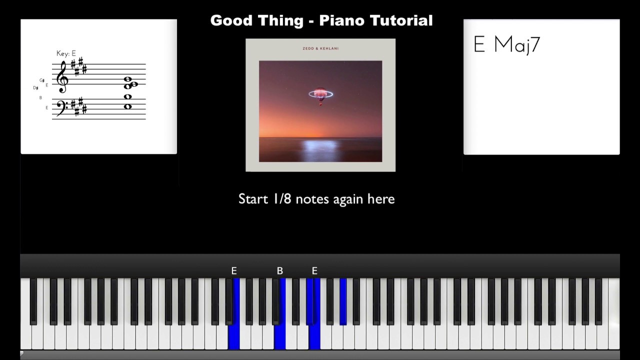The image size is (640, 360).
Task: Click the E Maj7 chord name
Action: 506,45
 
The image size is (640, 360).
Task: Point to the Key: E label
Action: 66,53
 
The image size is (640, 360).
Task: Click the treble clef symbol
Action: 62,77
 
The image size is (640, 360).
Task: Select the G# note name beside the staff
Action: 42,80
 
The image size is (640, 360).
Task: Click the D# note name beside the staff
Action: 35,88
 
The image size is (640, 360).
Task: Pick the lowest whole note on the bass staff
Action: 127,106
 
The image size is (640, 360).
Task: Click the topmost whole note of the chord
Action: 127,79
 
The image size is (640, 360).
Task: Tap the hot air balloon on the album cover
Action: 320,94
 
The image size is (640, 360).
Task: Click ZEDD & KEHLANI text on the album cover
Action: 320,48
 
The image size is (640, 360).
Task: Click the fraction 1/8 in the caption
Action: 283,199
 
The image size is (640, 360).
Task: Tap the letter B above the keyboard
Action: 280,270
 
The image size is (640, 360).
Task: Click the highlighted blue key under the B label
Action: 280,335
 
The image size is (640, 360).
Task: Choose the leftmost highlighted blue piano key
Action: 234,335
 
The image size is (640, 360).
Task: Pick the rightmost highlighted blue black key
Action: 343,300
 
